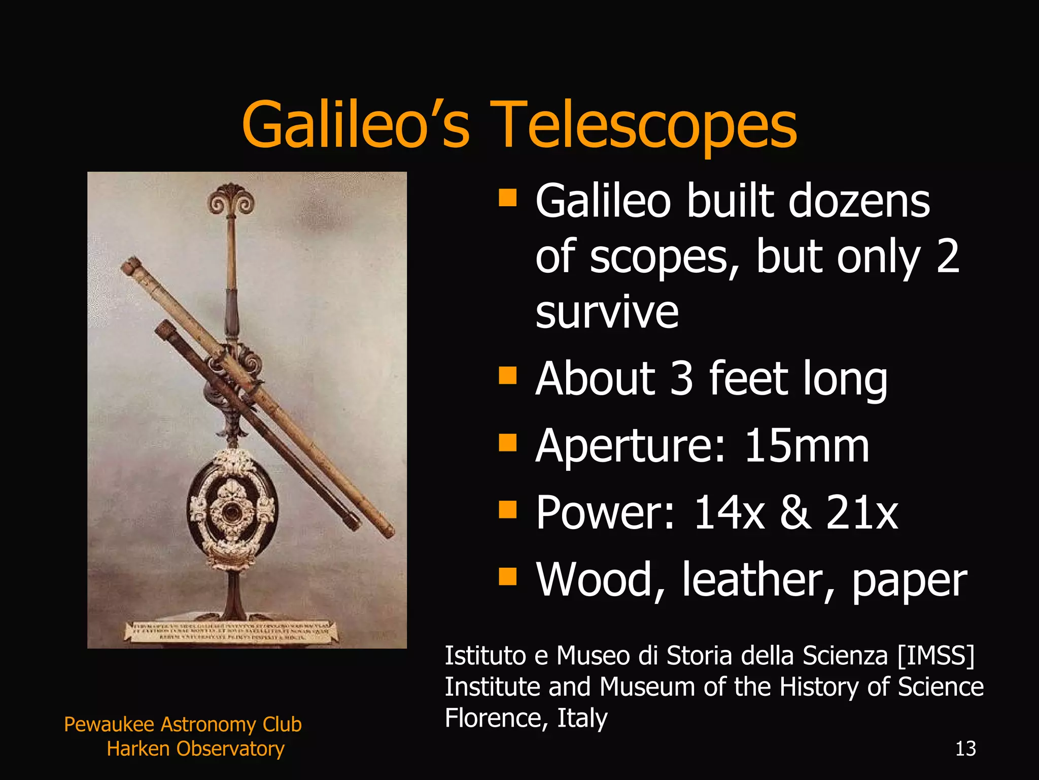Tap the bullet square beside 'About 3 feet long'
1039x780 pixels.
(507, 376)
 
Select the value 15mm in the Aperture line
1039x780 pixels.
(807, 446)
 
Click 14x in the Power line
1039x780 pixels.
(729, 513)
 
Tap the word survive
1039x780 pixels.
(607, 312)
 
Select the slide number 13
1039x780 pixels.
(965, 749)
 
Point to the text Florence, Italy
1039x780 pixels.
(526, 718)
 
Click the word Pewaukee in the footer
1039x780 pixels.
(109, 725)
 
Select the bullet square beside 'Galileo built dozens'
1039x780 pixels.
(507, 199)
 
